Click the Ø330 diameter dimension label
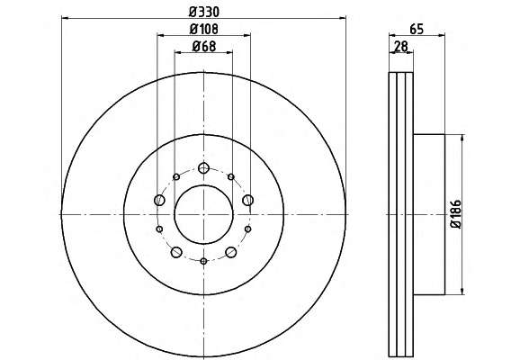(204, 12)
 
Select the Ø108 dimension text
(204, 30)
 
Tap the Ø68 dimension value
(204, 46)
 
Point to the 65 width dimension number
(417, 30)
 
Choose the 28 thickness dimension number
(401, 46)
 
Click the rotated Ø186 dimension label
(455, 214)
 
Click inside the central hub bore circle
(203, 214)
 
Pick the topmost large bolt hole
(203, 168)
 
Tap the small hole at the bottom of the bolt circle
(203, 261)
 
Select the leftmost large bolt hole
(159, 200)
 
